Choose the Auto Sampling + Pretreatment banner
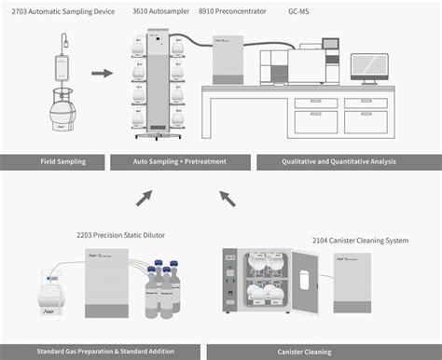point(180,161)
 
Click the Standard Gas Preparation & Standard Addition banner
point(100,352)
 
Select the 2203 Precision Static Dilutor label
point(120,235)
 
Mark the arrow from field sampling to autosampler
point(103,73)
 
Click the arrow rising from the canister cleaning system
point(227,197)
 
